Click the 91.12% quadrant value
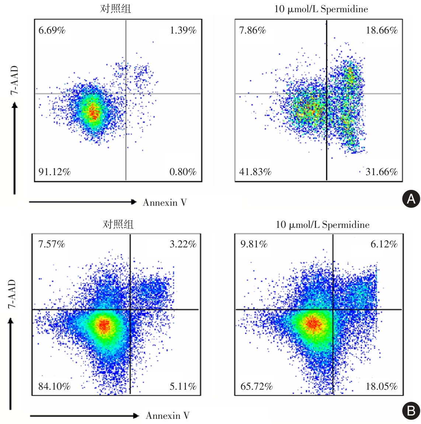coord(55,172)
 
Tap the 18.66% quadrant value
coord(382,30)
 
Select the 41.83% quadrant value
coord(255,172)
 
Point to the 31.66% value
coord(382,172)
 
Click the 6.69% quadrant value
coord(52,30)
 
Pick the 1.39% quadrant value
coord(183,30)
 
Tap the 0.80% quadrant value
coord(183,172)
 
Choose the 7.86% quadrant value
coord(253,30)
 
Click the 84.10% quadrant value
coord(54,386)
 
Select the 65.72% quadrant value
coord(257,386)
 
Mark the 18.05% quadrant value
coord(382,386)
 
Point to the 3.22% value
coord(183,244)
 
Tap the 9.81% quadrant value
coord(254,244)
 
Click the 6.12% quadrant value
coord(384,244)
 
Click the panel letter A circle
coord(411,199)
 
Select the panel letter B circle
coord(411,410)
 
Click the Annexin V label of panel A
coord(165,202)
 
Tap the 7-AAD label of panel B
coord(12,294)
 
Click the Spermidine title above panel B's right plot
coord(323,225)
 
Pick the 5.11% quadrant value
coord(183,386)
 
